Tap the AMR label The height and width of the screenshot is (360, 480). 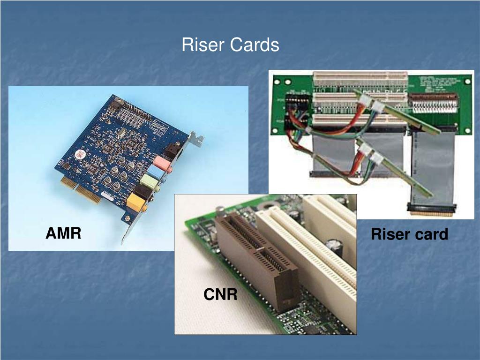point(63,232)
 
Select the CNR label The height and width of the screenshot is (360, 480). point(220,294)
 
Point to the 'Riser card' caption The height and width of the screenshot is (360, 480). point(409,234)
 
